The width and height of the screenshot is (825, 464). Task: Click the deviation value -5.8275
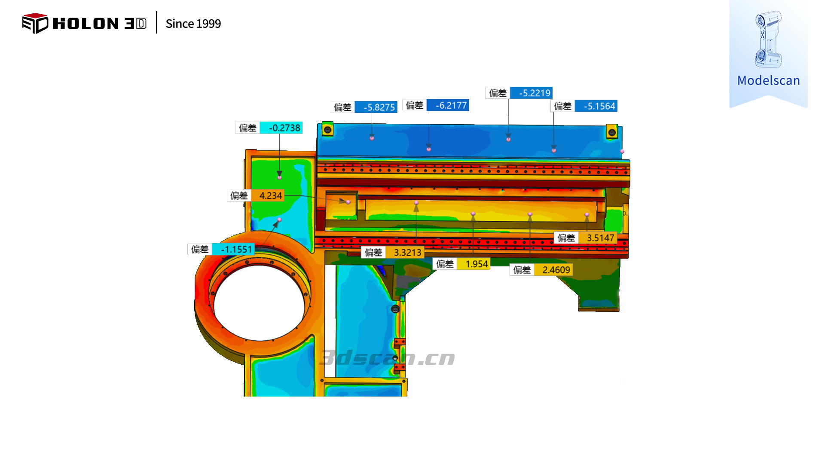[379, 107]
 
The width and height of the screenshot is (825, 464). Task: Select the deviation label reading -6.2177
[451, 105]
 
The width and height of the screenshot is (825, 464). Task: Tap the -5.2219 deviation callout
[534, 93]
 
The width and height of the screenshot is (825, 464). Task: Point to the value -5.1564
[599, 106]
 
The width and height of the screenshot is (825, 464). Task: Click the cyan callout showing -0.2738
[284, 128]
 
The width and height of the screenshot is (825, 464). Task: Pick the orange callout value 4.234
[270, 195]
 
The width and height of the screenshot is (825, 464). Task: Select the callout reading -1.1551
[236, 249]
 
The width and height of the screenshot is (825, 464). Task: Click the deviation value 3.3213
[407, 253]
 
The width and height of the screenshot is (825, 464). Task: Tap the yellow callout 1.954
[477, 264]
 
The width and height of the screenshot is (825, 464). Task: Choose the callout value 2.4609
[556, 270]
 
